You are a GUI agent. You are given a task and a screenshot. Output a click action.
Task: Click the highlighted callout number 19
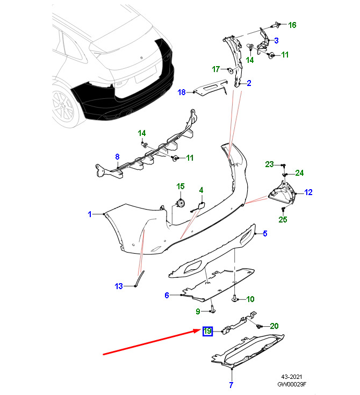click(207, 331)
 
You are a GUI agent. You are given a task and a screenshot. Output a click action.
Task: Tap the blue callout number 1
click(90, 214)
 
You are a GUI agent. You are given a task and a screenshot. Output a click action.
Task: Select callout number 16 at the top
click(292, 25)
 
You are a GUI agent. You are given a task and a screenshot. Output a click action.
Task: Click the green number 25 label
click(283, 219)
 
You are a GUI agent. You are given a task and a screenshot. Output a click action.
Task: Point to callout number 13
click(119, 286)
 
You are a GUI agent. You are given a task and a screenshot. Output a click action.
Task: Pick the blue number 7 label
click(231, 385)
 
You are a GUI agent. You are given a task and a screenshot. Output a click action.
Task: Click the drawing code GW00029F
click(292, 384)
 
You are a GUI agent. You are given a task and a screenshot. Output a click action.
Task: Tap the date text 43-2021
click(291, 377)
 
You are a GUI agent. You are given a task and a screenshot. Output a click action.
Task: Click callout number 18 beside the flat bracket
click(182, 92)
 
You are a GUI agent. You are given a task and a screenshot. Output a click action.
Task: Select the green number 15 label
click(181, 186)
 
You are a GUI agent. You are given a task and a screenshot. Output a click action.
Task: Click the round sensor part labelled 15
click(181, 203)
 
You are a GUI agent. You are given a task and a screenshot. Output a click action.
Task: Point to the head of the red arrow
click(200, 331)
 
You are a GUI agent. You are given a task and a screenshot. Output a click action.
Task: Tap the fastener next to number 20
click(258, 327)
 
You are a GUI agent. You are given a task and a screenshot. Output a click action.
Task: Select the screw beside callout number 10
click(235, 298)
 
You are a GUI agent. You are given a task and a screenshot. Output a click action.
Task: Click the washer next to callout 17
click(230, 70)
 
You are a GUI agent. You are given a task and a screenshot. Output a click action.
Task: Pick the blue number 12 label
click(308, 192)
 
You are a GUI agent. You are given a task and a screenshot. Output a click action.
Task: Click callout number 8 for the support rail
click(117, 157)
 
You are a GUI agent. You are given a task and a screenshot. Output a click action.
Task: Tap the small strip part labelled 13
click(140, 278)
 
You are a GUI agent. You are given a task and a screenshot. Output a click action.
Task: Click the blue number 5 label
click(265, 234)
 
